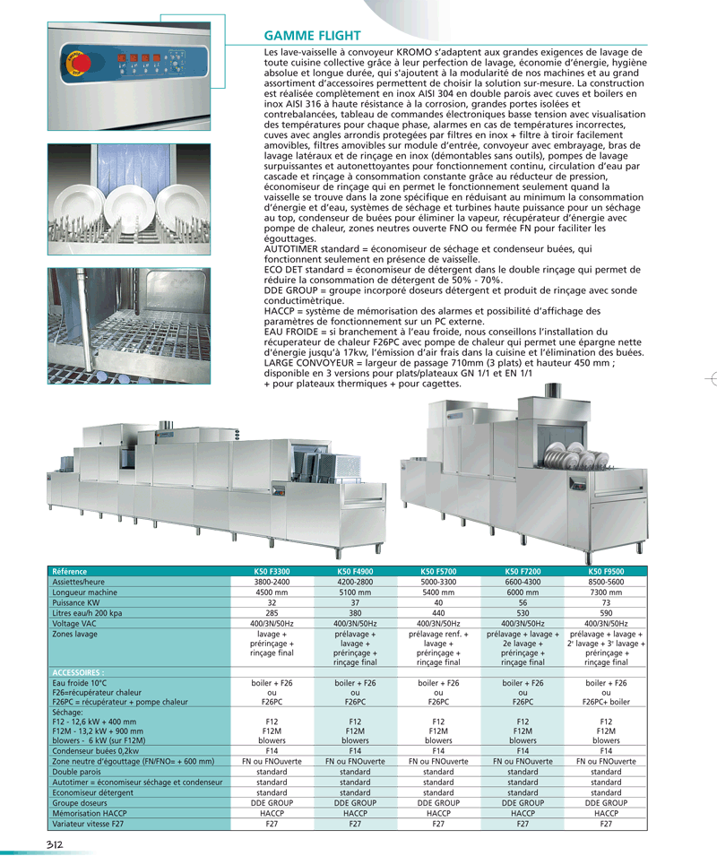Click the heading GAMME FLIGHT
click(313, 36)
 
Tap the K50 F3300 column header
click(271, 570)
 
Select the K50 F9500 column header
click(606, 570)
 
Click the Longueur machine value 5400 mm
click(438, 592)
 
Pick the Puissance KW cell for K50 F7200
click(523, 602)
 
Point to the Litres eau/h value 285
click(271, 613)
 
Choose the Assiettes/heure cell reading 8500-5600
click(606, 581)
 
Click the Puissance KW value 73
click(606, 602)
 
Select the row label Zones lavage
click(75, 635)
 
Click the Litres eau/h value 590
click(606, 613)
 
